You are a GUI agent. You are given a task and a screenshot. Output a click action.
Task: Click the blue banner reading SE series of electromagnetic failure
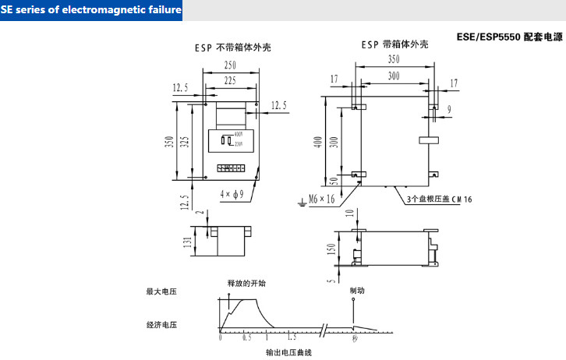tap(92, 10)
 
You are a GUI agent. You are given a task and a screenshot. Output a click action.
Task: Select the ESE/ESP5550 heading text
tap(509, 37)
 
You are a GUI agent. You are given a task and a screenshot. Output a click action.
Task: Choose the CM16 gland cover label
tap(440, 199)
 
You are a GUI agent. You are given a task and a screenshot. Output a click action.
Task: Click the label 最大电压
tap(161, 292)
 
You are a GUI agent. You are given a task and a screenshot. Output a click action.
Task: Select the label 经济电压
tap(161, 323)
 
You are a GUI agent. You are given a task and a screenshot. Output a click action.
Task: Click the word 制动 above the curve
tap(357, 290)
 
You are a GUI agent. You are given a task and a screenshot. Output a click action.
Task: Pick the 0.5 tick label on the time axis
tap(246, 339)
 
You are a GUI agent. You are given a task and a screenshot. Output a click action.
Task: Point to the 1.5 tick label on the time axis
tap(292, 339)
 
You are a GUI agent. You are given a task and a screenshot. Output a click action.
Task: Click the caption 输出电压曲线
tap(289, 352)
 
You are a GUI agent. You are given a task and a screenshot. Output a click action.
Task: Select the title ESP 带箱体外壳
tap(394, 45)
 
